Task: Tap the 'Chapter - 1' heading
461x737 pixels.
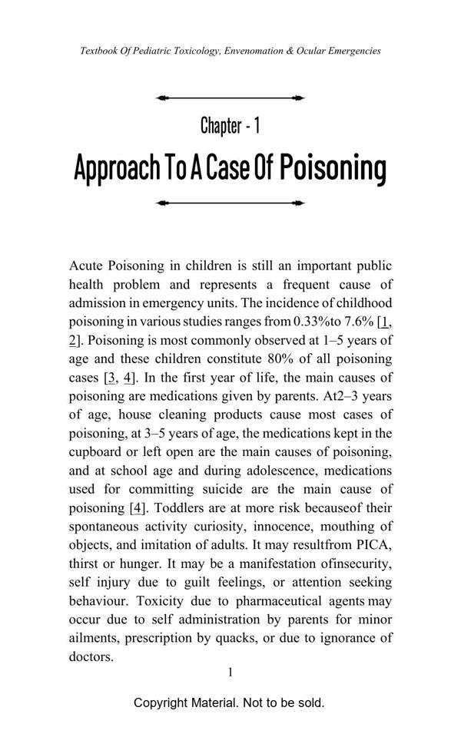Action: click(x=230, y=125)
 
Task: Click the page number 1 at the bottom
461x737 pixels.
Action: click(x=230, y=673)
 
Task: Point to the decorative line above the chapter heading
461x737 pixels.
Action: click(x=230, y=98)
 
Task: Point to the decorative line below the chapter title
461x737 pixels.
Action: click(x=230, y=203)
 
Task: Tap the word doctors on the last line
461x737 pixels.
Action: click(x=91, y=656)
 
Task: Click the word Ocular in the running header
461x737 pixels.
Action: click(x=315, y=51)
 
